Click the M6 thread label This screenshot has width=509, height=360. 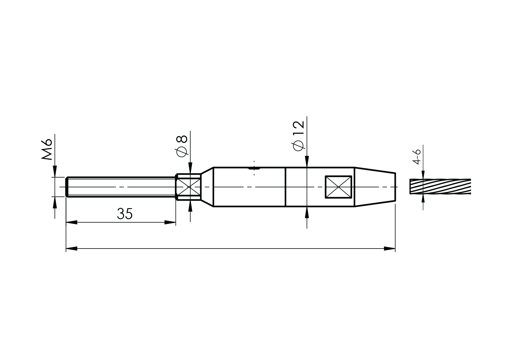coord(46,149)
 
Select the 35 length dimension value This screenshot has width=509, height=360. coord(125,214)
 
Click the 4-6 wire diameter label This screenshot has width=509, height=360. coord(417,157)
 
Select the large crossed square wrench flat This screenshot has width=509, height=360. coord(338,187)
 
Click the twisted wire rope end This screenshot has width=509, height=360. coord(440,186)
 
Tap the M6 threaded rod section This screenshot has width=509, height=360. coord(121,187)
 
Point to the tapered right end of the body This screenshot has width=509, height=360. coord(375,187)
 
